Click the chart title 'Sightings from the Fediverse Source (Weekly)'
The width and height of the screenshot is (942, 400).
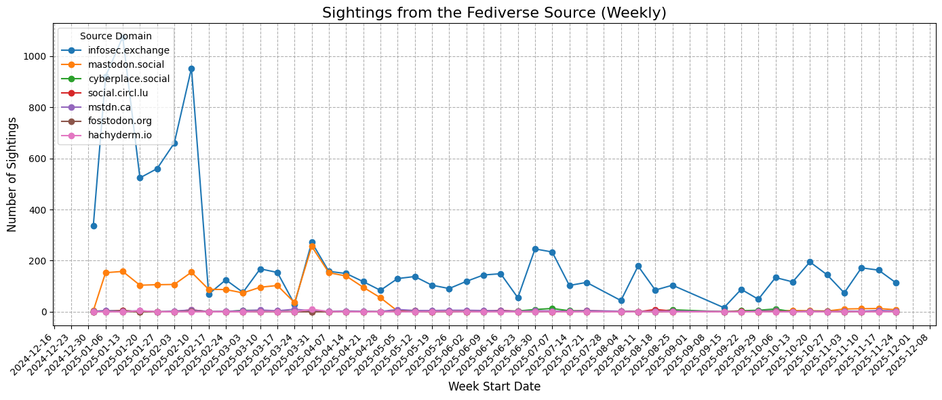pyautogui.click(x=494, y=12)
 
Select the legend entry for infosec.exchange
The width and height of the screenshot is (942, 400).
pyautogui.click(x=129, y=50)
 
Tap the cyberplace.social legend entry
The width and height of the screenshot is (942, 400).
pyautogui.click(x=129, y=79)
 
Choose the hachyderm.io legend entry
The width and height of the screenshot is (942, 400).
pyautogui.click(x=120, y=135)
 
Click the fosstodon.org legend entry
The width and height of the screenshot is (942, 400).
pyautogui.click(x=120, y=121)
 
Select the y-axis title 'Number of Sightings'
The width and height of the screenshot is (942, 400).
pyautogui.click(x=13, y=174)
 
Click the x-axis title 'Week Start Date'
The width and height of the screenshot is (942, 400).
pyautogui.click(x=494, y=387)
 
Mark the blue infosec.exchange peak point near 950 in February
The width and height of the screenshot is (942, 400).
pyautogui.click(x=191, y=68)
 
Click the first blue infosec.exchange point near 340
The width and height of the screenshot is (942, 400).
pyautogui.click(x=94, y=226)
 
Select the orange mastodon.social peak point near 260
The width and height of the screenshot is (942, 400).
pyautogui.click(x=312, y=246)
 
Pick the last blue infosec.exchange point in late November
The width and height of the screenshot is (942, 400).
pyautogui.click(x=896, y=283)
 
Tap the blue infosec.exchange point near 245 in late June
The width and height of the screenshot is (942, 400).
pyautogui.click(x=535, y=249)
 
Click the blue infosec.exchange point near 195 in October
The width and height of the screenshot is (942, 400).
pyautogui.click(x=810, y=262)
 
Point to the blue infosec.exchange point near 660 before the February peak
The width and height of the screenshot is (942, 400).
pyautogui.click(x=174, y=143)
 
